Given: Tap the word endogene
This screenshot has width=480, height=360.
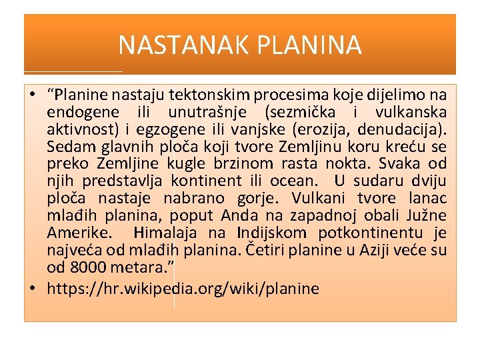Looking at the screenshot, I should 80,113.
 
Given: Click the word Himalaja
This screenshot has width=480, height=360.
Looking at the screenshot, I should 167,233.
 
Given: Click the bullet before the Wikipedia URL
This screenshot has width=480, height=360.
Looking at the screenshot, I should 33,289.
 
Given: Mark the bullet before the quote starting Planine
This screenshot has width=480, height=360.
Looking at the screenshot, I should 33,95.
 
